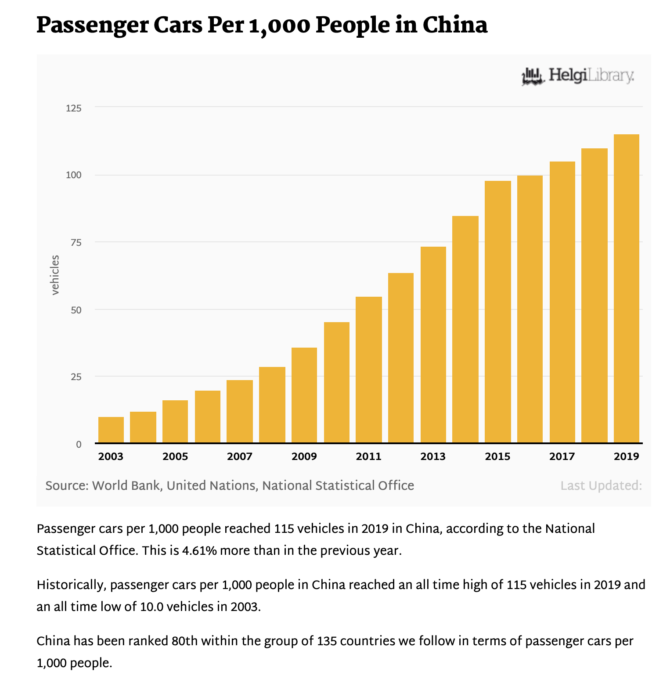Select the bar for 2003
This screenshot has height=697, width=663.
pos(111,430)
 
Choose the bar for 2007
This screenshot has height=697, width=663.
pos(240,411)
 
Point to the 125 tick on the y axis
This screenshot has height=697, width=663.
pos(73,108)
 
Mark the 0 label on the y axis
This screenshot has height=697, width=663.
pos(79,445)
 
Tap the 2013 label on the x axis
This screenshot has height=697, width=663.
pos(433,457)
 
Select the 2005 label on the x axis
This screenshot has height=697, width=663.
pos(175,457)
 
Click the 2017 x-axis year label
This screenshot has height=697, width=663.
pos(562,457)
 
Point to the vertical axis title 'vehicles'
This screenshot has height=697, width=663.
pos(55,275)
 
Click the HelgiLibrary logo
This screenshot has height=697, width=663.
pos(577,76)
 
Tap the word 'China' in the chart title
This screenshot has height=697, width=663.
pos(455,25)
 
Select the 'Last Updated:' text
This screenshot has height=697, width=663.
pos(601,486)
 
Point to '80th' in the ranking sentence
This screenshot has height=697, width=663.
pos(185,641)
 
